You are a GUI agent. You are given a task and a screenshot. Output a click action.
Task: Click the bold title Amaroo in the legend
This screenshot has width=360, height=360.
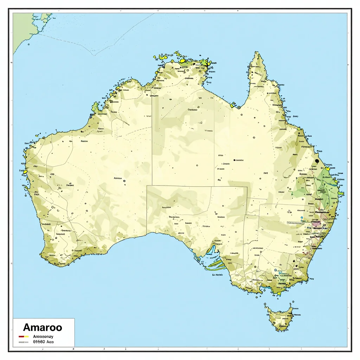(x=43, y=328)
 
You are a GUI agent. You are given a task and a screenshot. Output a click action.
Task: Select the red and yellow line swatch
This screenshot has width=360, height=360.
(x=24, y=336)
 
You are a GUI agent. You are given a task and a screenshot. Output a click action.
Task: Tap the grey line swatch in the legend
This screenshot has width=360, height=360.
(x=24, y=341)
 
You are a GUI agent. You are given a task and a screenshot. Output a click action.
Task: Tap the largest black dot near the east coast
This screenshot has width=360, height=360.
(x=317, y=161)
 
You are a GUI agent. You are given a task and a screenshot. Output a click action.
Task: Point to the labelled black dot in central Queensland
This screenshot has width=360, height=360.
(x=234, y=160)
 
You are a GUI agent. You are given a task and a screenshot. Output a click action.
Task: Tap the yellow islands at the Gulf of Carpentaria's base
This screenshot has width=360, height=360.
(x=233, y=104)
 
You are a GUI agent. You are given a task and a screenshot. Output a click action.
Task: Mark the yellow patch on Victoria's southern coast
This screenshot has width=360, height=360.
(x=278, y=293)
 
